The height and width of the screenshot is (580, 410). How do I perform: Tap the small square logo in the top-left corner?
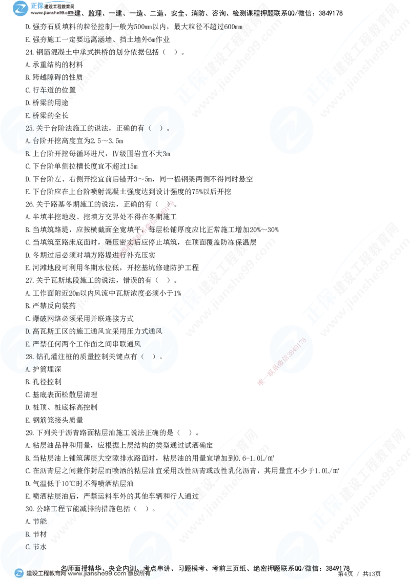coord(20,8)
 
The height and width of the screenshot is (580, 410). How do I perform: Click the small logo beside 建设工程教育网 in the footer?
coord(19,574)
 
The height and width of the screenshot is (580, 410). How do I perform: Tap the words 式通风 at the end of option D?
coord(152,332)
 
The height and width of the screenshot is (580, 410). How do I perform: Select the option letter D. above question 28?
coord(28,332)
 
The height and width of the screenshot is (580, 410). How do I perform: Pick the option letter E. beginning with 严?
coord(28,344)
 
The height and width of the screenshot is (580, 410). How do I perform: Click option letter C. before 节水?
coord(28,547)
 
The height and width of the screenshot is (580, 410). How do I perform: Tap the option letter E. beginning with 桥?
coord(28,116)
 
